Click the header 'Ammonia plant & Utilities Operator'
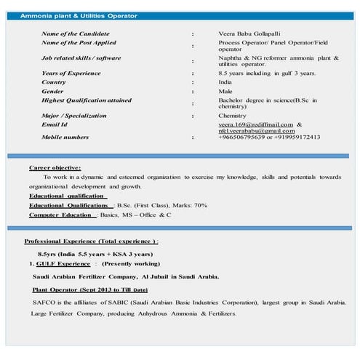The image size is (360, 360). click(77, 15)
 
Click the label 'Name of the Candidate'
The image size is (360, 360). click(76, 34)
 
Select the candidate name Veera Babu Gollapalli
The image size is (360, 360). click(251, 34)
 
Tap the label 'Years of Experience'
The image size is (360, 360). click(71, 73)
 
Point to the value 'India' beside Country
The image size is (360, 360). click(225, 82)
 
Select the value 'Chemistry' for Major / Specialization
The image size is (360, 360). click(233, 116)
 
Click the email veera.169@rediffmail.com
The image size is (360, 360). click(260, 124)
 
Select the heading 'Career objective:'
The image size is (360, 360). click(55, 168)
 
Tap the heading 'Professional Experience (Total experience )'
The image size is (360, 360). click(91, 241)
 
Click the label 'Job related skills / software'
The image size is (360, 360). click(81, 57)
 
